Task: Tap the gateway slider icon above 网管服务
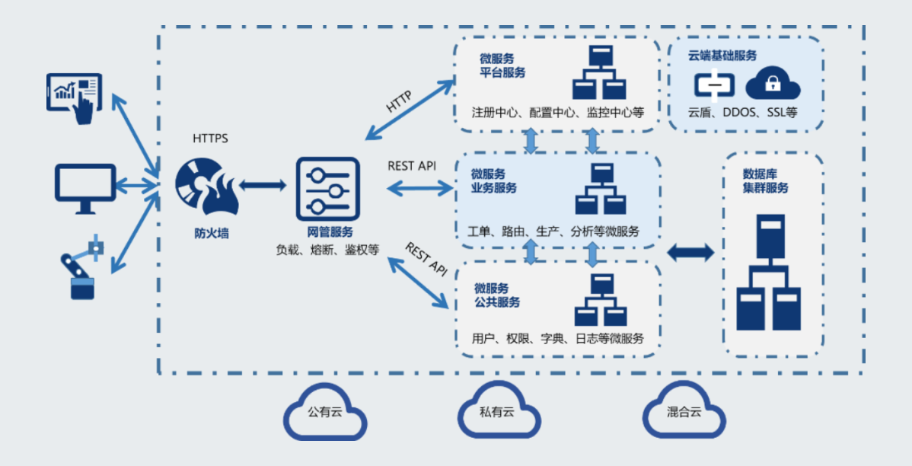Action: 327,187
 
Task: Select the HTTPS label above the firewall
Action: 210,139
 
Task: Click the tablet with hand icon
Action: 75,95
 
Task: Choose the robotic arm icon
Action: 81,268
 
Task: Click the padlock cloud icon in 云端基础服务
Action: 773,84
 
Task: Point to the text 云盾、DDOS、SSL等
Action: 742,113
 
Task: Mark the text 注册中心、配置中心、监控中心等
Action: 556,113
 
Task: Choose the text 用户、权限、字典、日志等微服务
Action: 557,338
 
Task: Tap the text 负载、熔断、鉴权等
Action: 327,249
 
